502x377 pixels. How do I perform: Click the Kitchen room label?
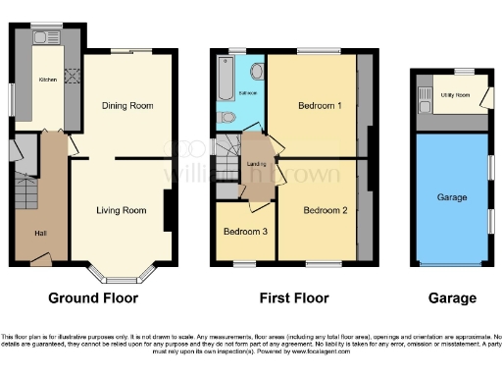tap(47, 81)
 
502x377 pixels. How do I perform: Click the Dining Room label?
tap(127, 105)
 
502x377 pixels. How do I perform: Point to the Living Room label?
tap(121, 209)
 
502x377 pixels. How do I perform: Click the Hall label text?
tap(40, 233)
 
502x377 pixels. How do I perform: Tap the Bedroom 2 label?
tap(325, 210)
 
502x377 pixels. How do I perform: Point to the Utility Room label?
tap(454, 95)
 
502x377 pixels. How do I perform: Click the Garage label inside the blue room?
tap(451, 197)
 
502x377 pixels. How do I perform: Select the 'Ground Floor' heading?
tap(93, 297)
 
